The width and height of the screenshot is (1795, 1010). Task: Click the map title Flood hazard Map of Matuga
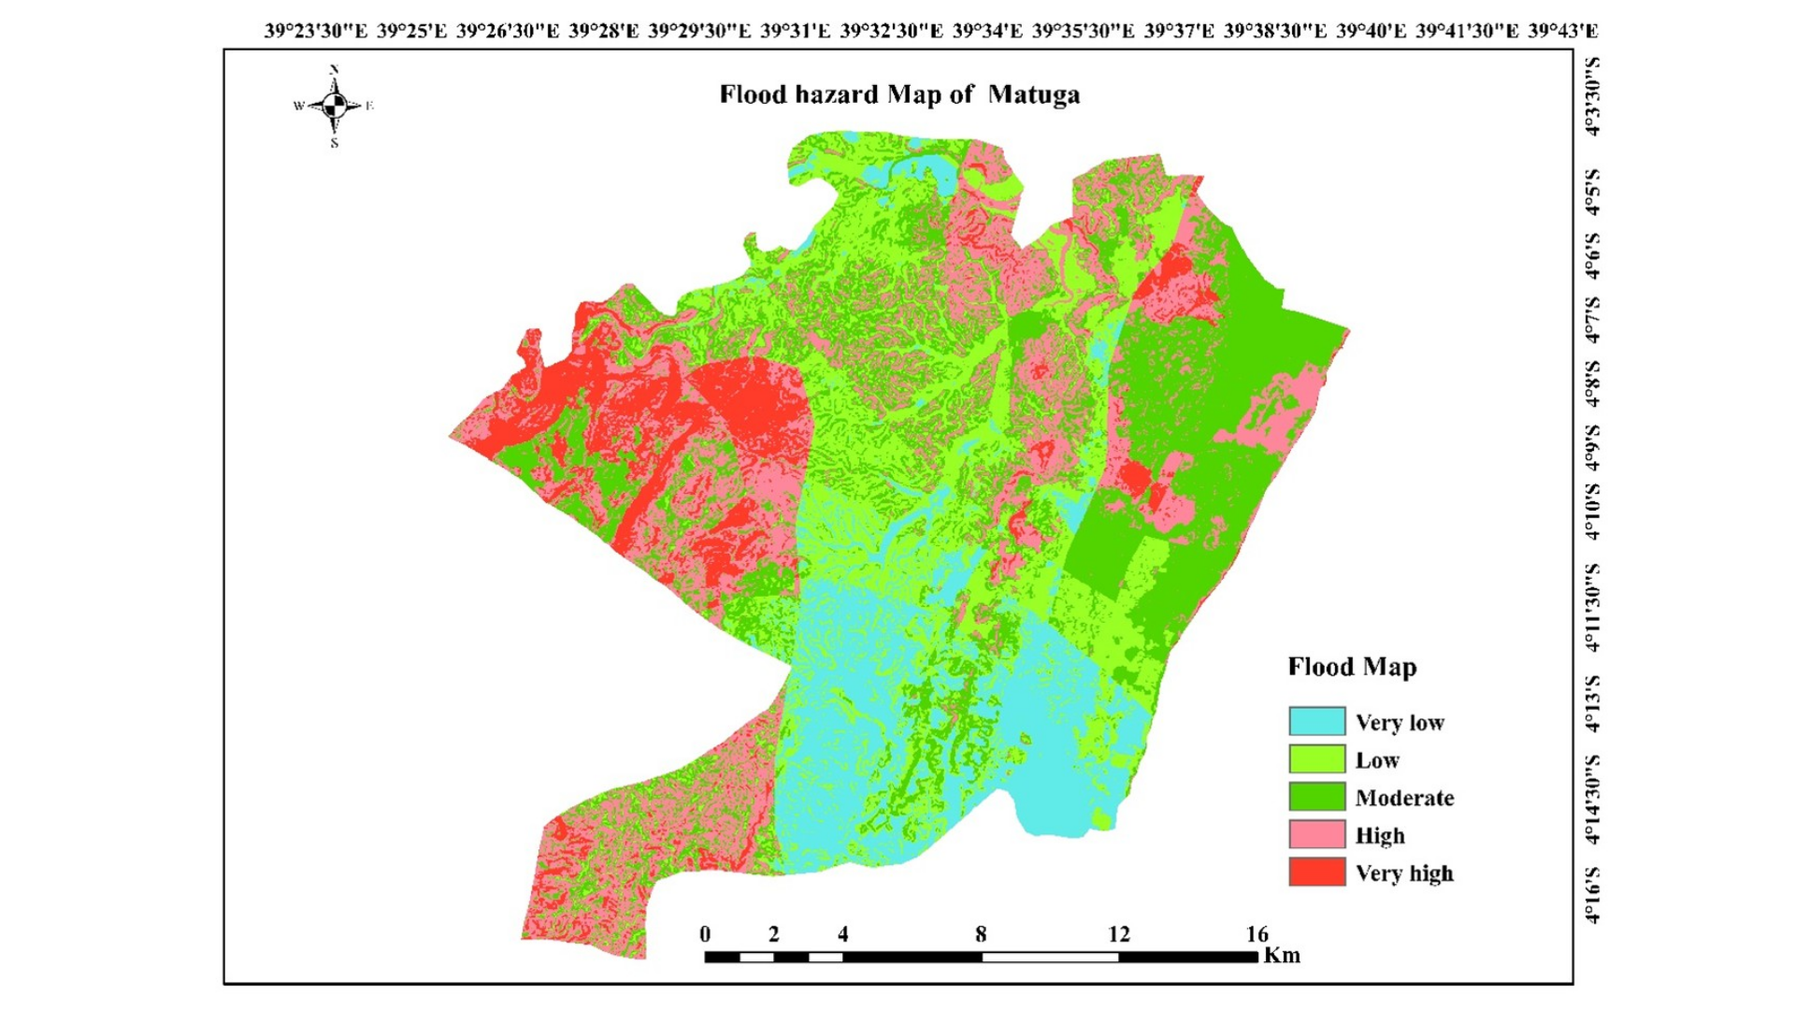coord(899,94)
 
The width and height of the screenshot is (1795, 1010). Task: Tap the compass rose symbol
coord(335,106)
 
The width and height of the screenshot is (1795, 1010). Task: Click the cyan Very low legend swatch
coord(1316,721)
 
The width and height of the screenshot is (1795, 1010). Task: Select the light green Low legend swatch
coord(1316,759)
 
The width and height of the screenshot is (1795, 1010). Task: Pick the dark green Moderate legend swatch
coord(1316,797)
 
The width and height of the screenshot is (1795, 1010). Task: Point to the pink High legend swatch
coord(1316,834)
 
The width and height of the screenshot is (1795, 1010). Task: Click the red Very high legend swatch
coord(1316,872)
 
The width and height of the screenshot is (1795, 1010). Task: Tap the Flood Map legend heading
coord(1352,667)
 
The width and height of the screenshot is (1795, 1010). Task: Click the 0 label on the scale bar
coord(705,933)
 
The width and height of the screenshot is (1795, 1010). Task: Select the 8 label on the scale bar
coord(981,933)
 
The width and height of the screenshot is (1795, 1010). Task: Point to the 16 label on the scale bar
coord(1256,933)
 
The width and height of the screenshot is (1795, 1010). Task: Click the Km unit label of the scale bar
coord(1282,955)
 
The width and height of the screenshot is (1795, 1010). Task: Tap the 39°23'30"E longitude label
coord(316,31)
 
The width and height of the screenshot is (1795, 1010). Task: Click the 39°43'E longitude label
coord(1563,31)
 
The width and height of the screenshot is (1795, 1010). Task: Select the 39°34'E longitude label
coord(987,31)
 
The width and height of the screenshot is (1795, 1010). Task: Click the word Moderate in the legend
coord(1404,798)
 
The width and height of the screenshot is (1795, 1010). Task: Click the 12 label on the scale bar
coord(1119,933)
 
